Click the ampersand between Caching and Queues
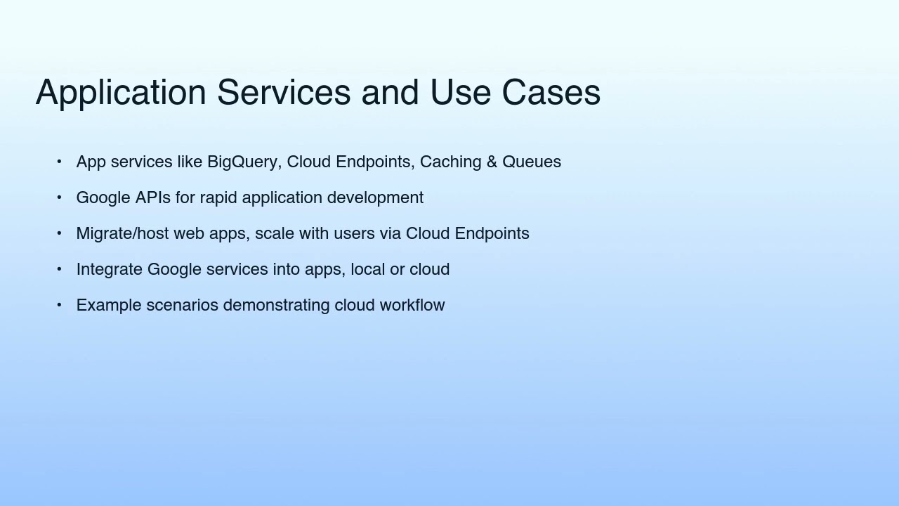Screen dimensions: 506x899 coord(491,162)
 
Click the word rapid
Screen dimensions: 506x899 coord(218,198)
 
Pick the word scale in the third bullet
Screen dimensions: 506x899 coord(275,234)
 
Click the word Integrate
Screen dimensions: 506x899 coord(109,270)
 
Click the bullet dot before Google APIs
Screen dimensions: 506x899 coord(59,198)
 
